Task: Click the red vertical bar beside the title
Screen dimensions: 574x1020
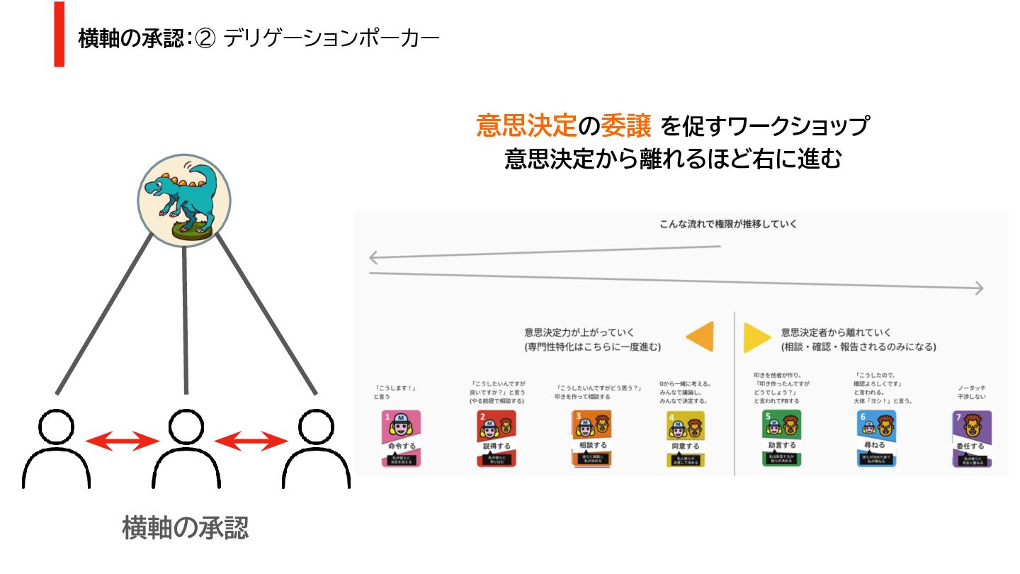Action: coord(59,35)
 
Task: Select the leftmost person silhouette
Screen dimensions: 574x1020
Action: coord(57,450)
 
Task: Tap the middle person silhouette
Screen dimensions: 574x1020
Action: coord(186,450)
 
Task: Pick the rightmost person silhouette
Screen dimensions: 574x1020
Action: coord(314,450)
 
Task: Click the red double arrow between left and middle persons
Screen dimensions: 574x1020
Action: coord(121,441)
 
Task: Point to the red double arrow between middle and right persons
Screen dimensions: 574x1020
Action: coord(250,441)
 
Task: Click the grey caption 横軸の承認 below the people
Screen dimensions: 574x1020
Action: coord(186,528)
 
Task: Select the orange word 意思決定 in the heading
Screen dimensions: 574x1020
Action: coord(525,127)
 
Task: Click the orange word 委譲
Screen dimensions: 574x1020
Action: coord(625,127)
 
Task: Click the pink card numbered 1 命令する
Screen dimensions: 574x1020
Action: coord(402,439)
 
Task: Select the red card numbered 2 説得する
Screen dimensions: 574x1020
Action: coord(496,439)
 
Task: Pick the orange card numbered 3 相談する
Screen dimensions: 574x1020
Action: coord(591,439)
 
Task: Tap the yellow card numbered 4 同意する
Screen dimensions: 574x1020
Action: coord(685,439)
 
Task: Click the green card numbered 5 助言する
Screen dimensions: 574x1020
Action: coord(782,439)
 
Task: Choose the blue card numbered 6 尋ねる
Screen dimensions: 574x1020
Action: coord(876,439)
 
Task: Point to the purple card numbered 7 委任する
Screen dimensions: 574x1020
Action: coord(971,439)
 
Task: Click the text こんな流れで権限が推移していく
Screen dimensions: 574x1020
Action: coord(728,225)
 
